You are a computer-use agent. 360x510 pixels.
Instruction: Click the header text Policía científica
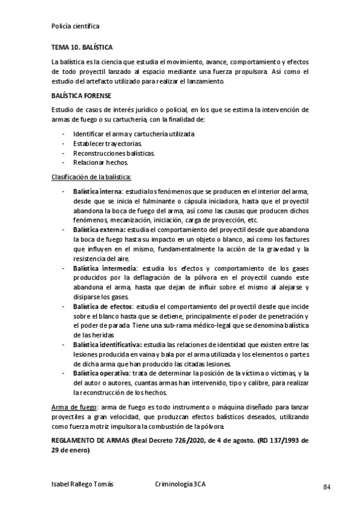[76, 26]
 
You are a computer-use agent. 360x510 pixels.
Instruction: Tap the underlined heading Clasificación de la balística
[92, 177]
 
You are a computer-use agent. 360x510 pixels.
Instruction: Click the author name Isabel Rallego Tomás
[83, 484]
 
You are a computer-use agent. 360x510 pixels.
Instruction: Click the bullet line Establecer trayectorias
[107, 144]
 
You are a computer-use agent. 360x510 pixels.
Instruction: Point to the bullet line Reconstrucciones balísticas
[114, 153]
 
